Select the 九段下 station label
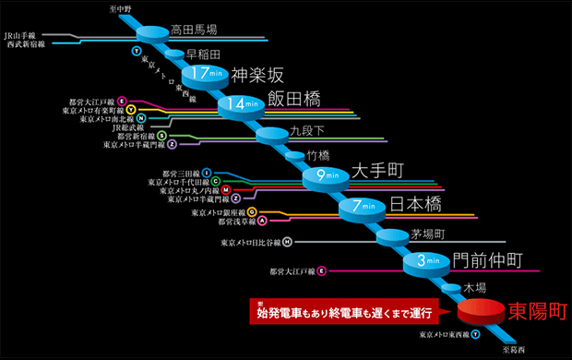tap(307, 130)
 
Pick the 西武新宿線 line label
tap(26, 44)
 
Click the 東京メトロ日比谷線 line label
tap(251, 243)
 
